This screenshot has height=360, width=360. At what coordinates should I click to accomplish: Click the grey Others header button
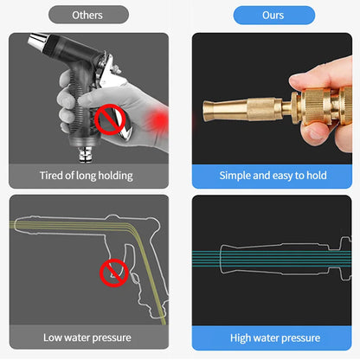[x=87, y=15]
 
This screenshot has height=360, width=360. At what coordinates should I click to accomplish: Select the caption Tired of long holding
[x=87, y=176]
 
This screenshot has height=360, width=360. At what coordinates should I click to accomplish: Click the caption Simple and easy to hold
[x=273, y=176]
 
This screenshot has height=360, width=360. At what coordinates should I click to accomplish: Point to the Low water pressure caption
[x=87, y=337]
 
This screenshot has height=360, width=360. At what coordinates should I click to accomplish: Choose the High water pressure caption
[x=273, y=337]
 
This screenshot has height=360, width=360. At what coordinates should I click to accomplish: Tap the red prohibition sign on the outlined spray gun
[x=112, y=273]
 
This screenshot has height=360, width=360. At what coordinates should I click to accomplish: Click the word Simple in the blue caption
[x=237, y=176]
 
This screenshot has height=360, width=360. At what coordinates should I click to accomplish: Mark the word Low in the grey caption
[x=53, y=337]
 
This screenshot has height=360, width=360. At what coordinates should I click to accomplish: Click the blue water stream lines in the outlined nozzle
[x=260, y=258]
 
